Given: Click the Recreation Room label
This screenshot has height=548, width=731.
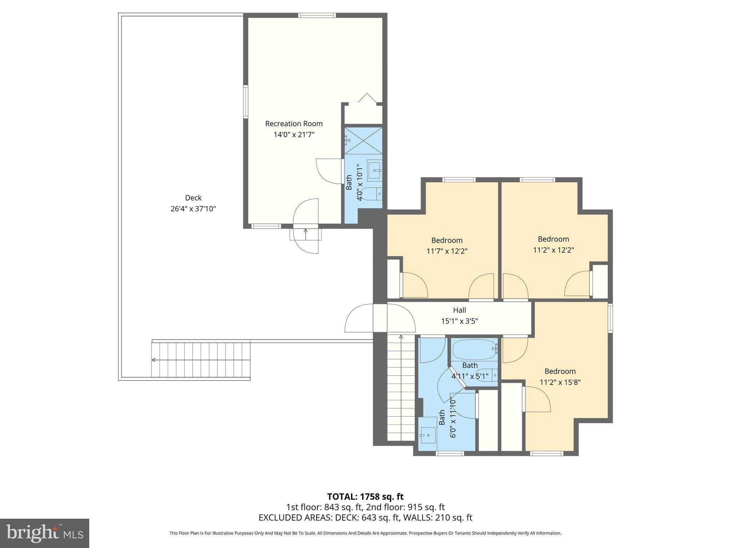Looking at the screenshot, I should click(294, 124).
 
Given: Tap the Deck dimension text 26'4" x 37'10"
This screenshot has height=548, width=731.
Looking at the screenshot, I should click(193, 209).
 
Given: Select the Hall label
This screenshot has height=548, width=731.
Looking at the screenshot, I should click(459, 310).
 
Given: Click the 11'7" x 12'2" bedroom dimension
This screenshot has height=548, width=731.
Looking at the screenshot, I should click(447, 251).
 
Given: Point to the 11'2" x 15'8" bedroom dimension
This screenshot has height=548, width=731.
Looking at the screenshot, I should click(560, 382).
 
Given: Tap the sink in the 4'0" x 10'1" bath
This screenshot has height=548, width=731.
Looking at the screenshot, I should click(374, 171).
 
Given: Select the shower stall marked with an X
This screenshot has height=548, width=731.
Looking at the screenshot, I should click(363, 141).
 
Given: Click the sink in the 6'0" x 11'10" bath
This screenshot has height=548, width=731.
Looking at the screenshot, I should click(428, 435).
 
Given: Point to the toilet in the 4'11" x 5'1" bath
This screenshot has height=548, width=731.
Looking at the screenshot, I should click(487, 375).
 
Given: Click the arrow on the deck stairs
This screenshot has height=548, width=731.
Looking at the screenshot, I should click(153, 360).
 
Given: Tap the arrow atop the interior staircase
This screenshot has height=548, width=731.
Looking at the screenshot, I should click(401, 336).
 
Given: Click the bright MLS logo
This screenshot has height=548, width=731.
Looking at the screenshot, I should click(45, 533).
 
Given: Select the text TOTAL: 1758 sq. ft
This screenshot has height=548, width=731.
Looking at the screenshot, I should click(365, 496).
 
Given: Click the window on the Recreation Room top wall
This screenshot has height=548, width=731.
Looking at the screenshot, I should click(317, 15).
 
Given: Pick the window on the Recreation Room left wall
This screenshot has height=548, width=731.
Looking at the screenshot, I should click(246, 101).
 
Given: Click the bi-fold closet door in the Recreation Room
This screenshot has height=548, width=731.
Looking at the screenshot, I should click(367, 98).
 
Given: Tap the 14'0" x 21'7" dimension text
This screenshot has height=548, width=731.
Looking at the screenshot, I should click(294, 135).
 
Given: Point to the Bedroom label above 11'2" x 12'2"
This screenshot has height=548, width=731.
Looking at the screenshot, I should click(553, 239).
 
